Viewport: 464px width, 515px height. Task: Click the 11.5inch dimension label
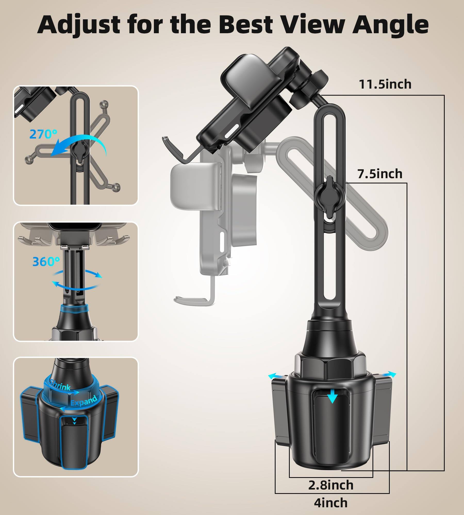pos(385,84)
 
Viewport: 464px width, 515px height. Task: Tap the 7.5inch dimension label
pos(380,174)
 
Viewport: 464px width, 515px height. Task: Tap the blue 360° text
pos(46,262)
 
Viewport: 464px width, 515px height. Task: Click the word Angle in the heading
pos(391,25)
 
